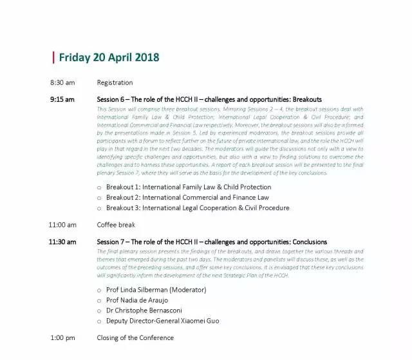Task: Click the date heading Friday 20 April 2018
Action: (x=109, y=57)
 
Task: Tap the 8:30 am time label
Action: (x=62, y=82)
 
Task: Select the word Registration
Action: (x=115, y=82)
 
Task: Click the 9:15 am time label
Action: (x=62, y=99)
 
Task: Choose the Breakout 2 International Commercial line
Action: (x=187, y=197)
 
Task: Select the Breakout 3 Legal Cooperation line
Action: (x=198, y=207)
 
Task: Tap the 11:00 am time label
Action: (x=62, y=225)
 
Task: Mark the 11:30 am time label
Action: (x=62, y=242)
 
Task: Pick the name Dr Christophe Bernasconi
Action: (x=149, y=310)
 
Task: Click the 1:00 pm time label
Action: (x=62, y=337)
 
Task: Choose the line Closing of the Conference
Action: (x=135, y=337)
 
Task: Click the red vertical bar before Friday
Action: (x=53, y=57)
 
